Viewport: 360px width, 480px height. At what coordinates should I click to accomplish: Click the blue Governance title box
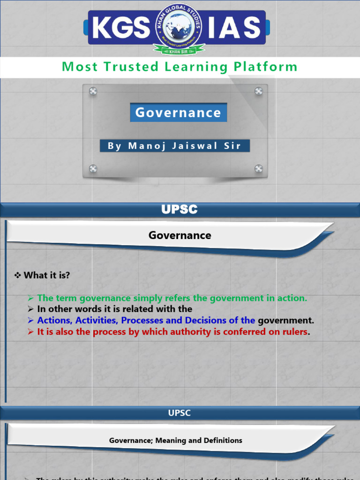[x=178, y=112]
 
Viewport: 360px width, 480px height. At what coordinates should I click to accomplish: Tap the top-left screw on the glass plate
[x=93, y=91]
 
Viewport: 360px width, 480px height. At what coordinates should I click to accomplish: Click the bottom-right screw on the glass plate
[x=258, y=169]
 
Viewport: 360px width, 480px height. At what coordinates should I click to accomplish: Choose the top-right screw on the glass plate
[x=258, y=91]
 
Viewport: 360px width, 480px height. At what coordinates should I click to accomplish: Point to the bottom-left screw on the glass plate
[x=93, y=169]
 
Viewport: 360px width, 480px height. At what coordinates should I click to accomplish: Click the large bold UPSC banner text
[x=180, y=210]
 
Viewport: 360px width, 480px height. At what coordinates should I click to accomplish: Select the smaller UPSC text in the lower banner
[x=180, y=413]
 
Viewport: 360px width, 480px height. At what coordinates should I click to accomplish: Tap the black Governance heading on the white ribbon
[x=180, y=235]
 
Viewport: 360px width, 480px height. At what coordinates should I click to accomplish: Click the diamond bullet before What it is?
[x=18, y=275]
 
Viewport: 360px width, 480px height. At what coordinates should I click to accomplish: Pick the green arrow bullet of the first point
[x=31, y=298]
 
